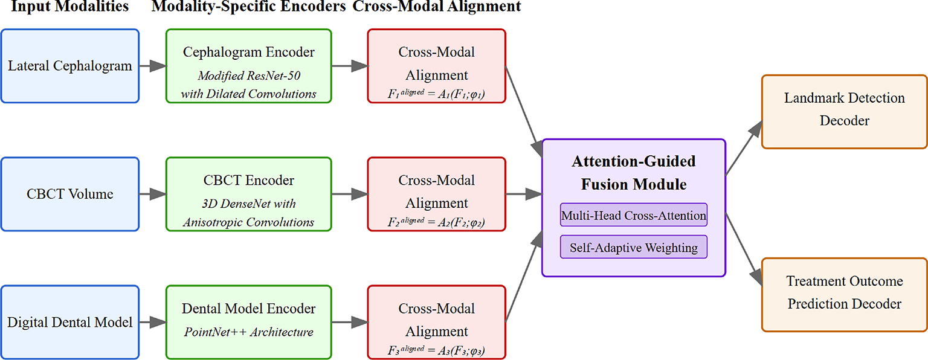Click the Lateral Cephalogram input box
point(70,66)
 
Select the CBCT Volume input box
point(70,194)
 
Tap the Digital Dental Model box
point(70,322)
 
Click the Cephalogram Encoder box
point(248,66)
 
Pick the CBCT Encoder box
point(248,194)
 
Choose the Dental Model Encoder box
point(248,322)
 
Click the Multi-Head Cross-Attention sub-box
point(633,215)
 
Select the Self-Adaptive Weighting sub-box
point(633,248)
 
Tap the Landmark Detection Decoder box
point(844,111)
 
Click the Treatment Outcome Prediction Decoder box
point(844,294)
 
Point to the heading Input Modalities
point(70,7)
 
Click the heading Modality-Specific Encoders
point(248,7)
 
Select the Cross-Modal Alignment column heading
point(436,7)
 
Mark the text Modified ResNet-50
point(248,76)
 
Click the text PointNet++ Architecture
point(248,332)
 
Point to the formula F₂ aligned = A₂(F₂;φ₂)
point(436,222)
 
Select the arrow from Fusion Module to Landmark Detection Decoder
point(743,148)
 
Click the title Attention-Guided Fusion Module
point(633,173)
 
